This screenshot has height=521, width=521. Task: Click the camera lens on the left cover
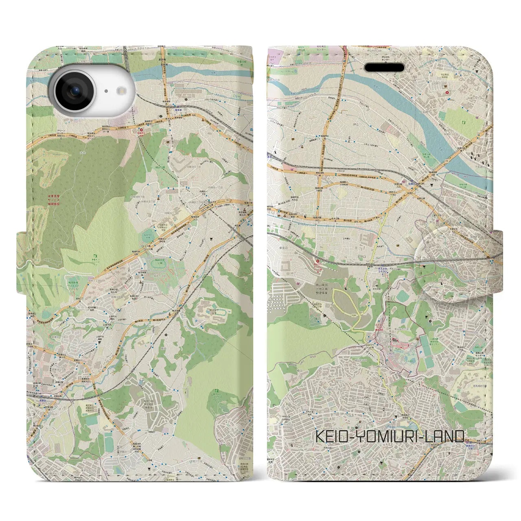(75, 92)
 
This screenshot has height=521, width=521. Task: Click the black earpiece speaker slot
(384, 68)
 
